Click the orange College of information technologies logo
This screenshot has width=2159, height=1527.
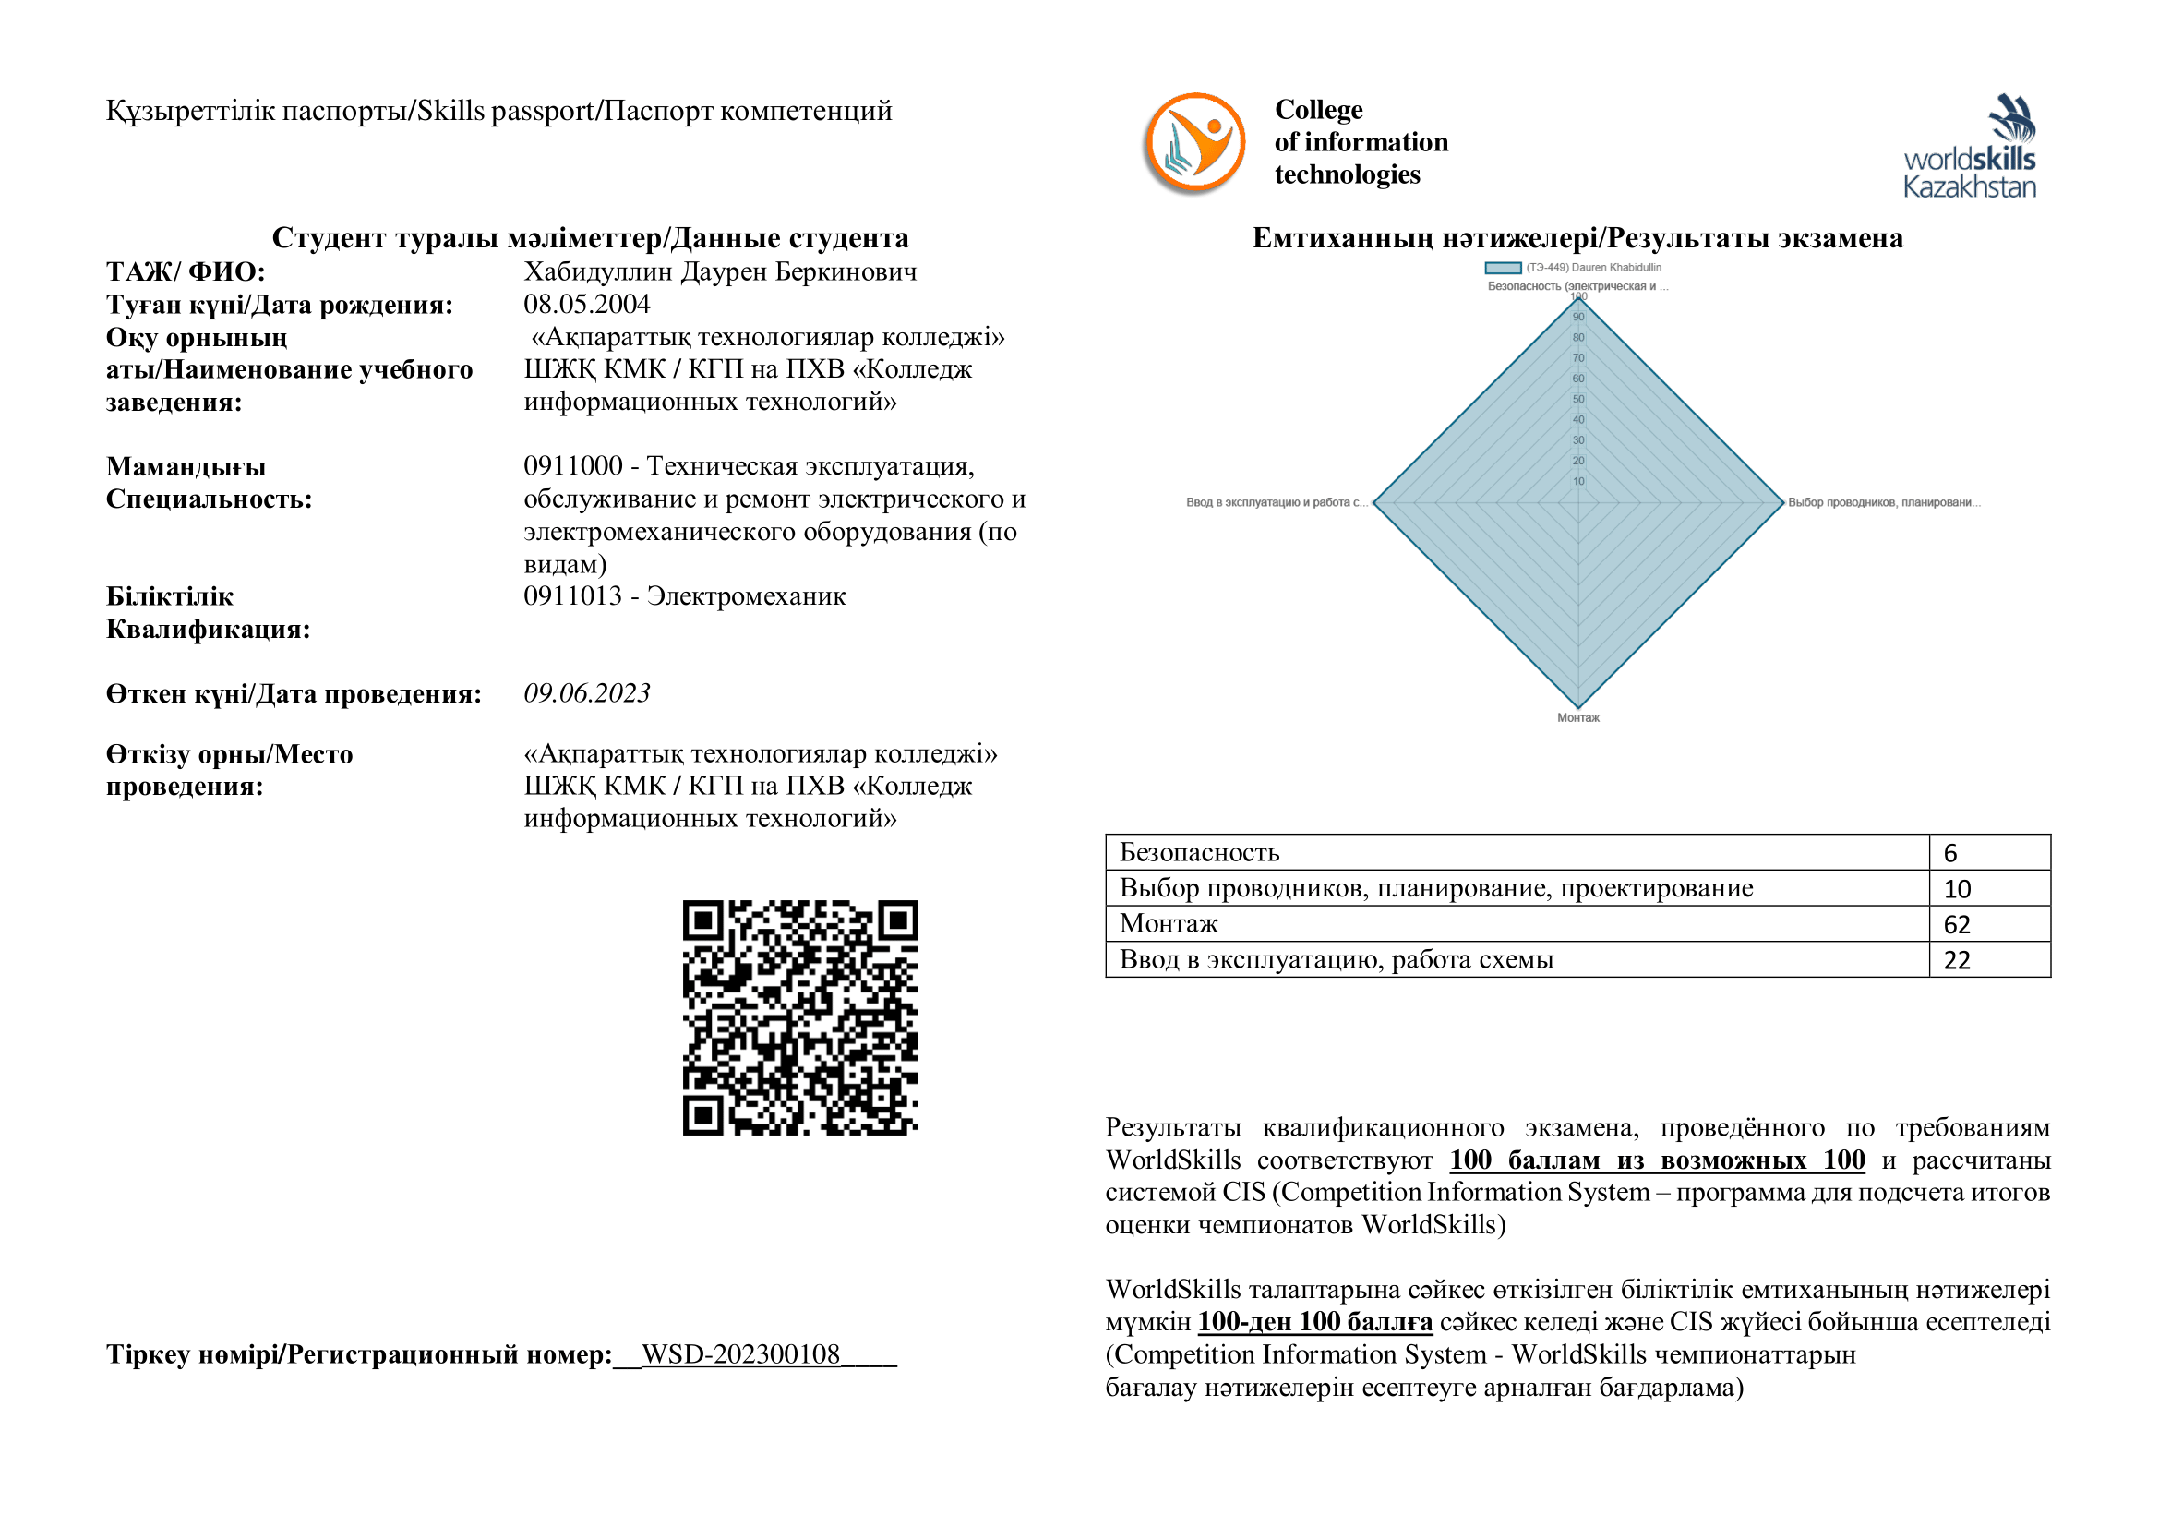point(1194,143)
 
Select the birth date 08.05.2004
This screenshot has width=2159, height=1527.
point(587,305)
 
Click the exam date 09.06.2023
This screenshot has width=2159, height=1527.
point(587,694)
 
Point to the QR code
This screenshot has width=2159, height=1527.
point(800,1017)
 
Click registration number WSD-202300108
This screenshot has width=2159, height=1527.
point(741,1354)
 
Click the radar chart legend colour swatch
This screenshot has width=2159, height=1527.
point(1503,268)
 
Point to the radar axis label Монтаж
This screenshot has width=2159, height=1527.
point(1577,718)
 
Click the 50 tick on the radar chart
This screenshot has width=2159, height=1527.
point(1578,400)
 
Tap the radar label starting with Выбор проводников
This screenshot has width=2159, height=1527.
point(1884,503)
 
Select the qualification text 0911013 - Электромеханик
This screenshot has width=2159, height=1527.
point(685,596)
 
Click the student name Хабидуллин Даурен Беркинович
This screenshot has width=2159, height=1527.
point(720,271)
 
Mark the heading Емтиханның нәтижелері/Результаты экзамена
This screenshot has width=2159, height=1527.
point(1577,238)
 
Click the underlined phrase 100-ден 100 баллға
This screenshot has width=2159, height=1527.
point(1314,1322)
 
